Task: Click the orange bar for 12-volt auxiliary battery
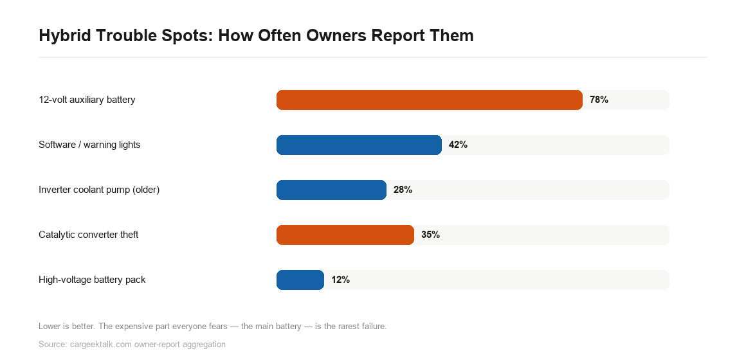(x=429, y=100)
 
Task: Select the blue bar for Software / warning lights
(x=359, y=145)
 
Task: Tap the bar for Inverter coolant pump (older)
(x=331, y=190)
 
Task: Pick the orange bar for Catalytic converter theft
(x=345, y=235)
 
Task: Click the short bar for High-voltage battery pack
(x=300, y=280)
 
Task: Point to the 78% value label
(x=599, y=100)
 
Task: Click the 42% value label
(x=458, y=145)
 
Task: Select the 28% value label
(x=403, y=190)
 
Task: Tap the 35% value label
(x=431, y=235)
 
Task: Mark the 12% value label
(x=341, y=280)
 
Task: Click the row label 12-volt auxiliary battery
(x=87, y=100)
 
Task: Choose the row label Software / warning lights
(x=89, y=145)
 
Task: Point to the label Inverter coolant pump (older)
(x=99, y=190)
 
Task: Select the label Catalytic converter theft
(x=89, y=235)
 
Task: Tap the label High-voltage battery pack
(x=93, y=280)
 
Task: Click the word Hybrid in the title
(x=65, y=35)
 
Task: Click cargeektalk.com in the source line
(x=101, y=345)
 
